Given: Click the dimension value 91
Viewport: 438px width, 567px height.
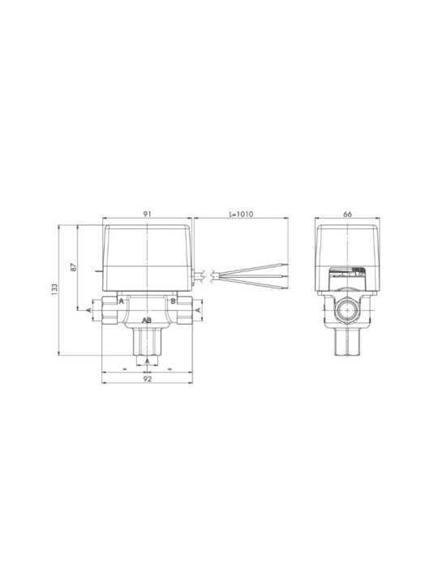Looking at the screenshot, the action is coord(147,214).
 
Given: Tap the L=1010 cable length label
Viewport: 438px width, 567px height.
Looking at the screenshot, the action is coord(241,214).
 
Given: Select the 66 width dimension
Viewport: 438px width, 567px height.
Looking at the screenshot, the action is coord(347,214).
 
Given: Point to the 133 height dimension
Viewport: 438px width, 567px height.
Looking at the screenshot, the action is coord(54,290).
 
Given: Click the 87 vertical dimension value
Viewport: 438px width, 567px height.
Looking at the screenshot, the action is coord(74,267).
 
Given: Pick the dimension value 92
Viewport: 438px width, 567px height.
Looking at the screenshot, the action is coord(147,378).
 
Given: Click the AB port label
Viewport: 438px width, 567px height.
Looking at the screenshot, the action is coord(147,320).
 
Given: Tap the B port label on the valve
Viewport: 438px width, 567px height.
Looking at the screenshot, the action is coord(173,301).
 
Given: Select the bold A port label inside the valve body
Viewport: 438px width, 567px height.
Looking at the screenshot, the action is coord(122,301).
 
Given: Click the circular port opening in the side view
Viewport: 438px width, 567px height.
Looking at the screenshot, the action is coord(347,310).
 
